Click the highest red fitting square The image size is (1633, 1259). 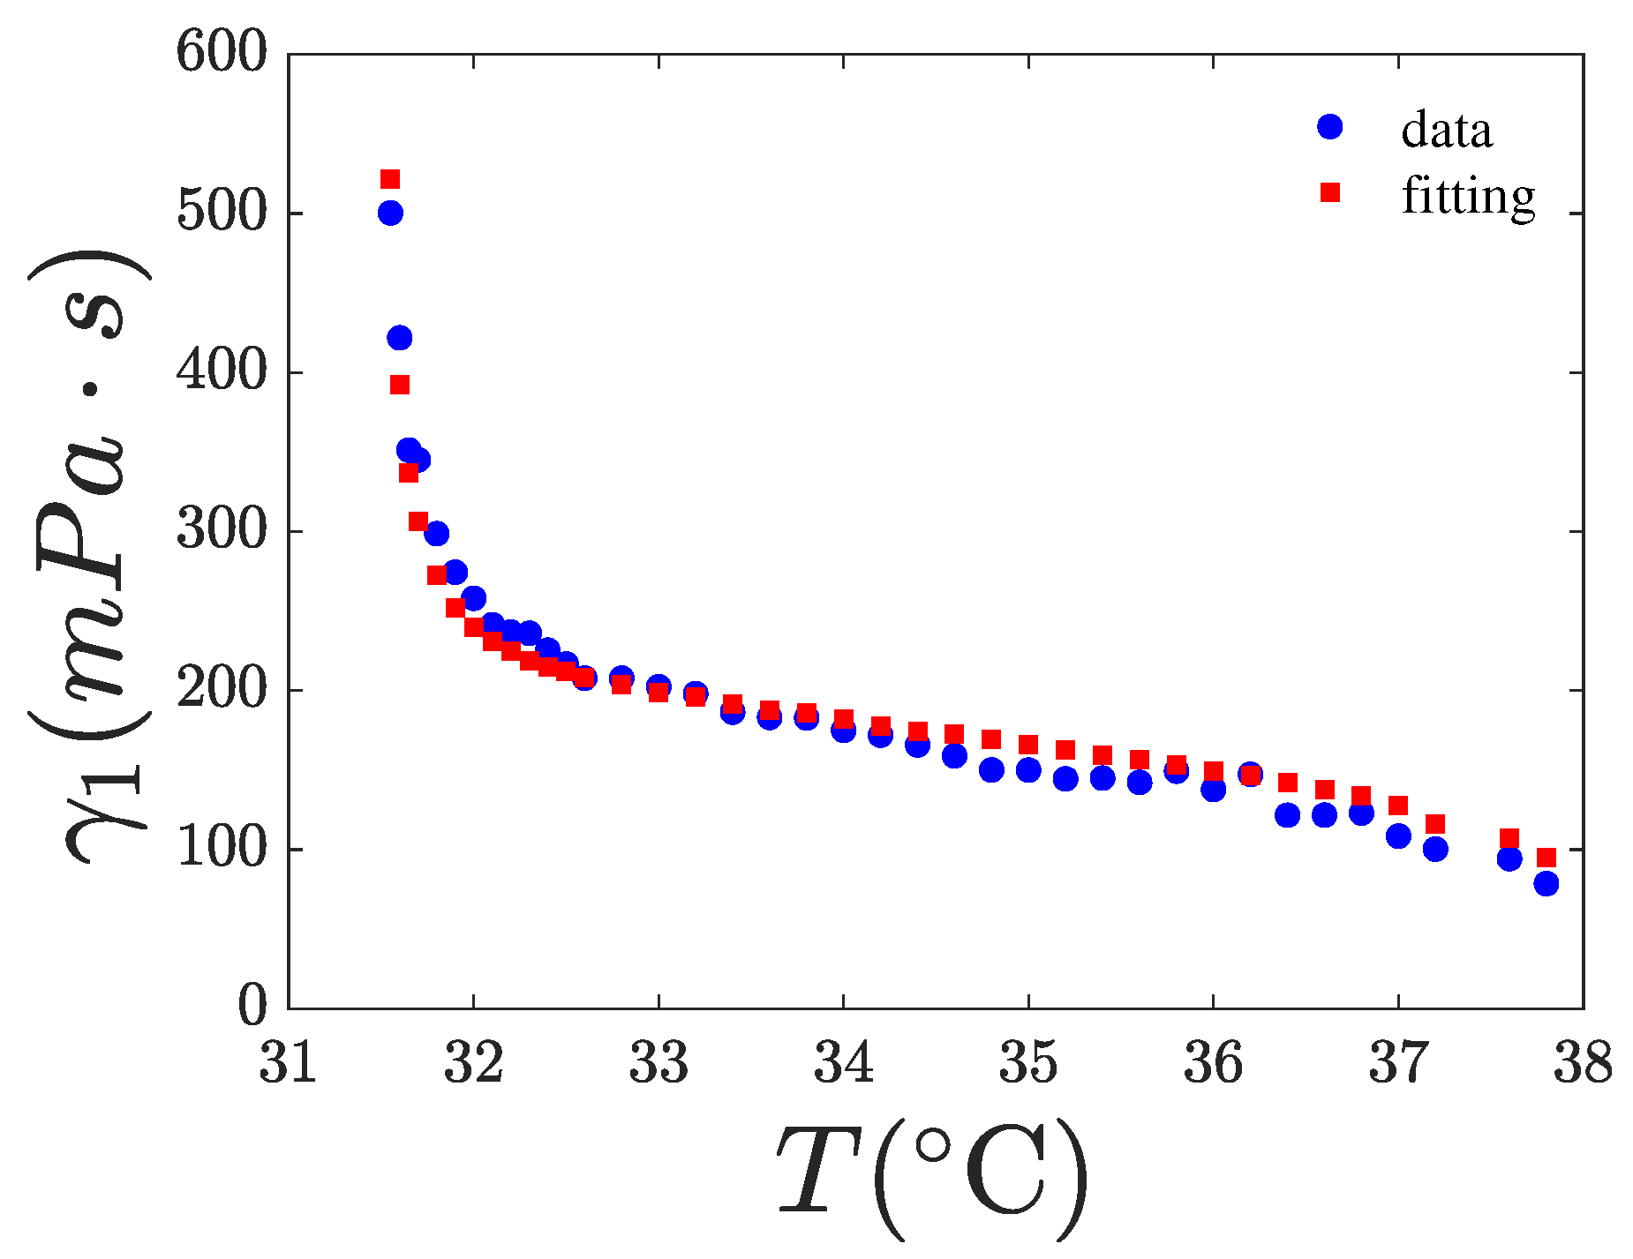(390, 179)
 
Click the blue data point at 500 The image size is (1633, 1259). (390, 213)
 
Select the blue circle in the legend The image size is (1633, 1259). (1329, 127)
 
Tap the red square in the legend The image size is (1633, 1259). (1329, 192)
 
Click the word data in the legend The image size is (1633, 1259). (1446, 130)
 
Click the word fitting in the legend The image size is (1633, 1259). (1468, 196)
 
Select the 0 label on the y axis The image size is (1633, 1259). (252, 1006)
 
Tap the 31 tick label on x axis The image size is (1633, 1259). (288, 1062)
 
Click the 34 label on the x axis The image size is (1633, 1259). (843, 1062)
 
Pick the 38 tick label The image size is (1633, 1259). (1583, 1062)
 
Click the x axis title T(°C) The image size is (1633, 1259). (931, 1178)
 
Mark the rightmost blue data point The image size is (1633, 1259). (1546, 883)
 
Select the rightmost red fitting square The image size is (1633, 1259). (1546, 858)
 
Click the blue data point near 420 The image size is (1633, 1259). (399, 337)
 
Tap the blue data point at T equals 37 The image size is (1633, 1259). (1398, 836)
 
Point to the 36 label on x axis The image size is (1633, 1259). (1213, 1062)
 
